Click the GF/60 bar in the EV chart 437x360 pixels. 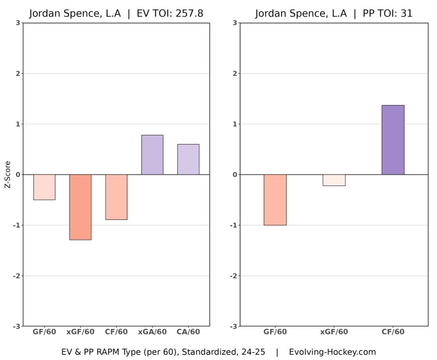click(44, 187)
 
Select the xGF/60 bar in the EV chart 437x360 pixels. click(80, 207)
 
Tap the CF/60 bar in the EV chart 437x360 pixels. click(116, 197)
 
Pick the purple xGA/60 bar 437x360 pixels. click(152, 155)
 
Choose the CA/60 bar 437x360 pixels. click(188, 159)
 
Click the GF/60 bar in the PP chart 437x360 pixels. click(275, 200)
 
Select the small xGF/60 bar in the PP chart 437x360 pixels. click(334, 180)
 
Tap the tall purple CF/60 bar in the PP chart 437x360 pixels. click(393, 140)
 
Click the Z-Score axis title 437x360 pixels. click(7, 175)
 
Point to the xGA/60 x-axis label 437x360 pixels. click(152, 332)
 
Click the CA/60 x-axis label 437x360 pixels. click(188, 332)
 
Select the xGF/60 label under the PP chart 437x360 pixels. click(334, 332)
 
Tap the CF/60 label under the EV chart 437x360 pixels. click(116, 332)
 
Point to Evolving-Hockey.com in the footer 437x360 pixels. click(332, 352)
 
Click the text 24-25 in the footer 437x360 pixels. click(253, 352)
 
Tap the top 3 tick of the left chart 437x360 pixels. click(17, 23)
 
